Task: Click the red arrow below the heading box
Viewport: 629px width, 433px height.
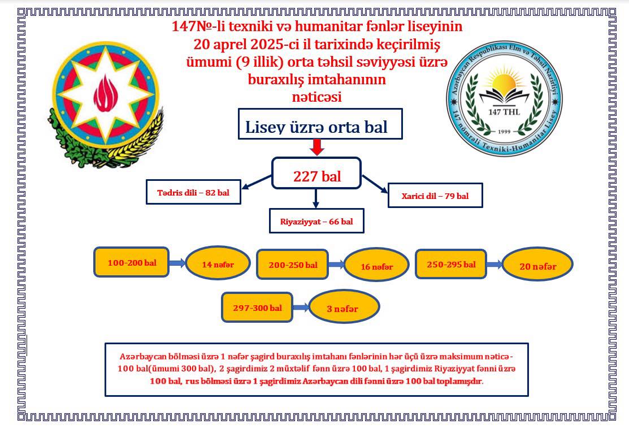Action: pos(317,147)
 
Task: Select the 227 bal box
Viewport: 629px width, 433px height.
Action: pos(316,173)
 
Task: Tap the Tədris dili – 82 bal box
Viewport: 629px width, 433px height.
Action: pos(193,192)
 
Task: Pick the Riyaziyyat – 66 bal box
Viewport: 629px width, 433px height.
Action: pos(316,220)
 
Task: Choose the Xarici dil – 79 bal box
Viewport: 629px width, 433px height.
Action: pos(435,196)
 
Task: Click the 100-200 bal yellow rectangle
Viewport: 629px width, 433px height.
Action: pos(131,262)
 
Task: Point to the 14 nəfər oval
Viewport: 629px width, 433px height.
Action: pos(218,263)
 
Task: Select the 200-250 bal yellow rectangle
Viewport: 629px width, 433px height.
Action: pos(292,264)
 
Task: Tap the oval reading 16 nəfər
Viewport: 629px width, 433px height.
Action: pos(376,265)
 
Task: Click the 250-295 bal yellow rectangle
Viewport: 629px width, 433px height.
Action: pos(451,263)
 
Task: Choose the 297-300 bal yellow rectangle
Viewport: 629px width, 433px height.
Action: pos(257,308)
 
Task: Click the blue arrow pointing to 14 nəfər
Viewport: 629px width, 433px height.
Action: pos(177,263)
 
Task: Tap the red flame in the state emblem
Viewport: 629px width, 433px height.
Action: pos(106,93)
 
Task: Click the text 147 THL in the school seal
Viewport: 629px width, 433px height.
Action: pos(504,112)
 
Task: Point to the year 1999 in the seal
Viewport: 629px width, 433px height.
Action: pos(504,132)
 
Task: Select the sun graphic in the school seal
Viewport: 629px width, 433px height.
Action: pos(504,81)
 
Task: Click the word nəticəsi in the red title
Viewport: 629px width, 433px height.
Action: pos(317,97)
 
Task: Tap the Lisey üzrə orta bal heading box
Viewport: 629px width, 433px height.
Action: pos(320,124)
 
